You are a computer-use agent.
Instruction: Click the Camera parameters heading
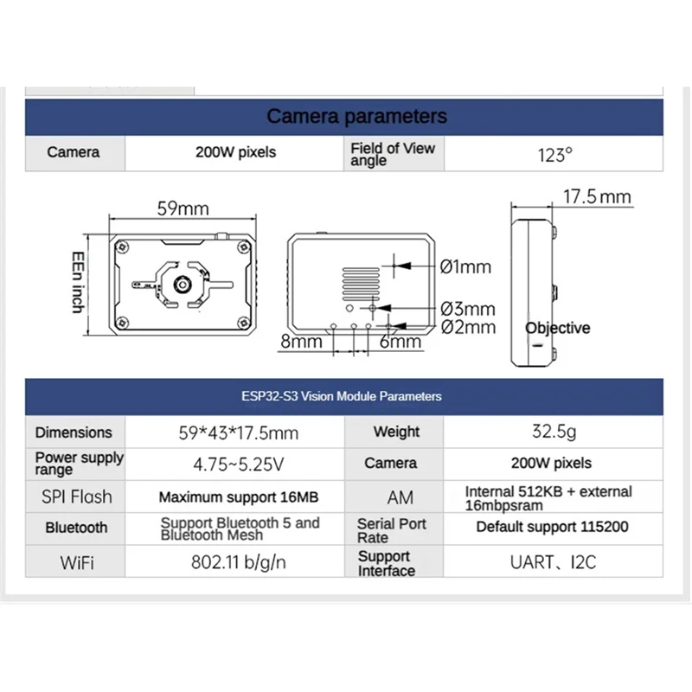356,116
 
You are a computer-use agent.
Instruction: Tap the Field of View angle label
393,154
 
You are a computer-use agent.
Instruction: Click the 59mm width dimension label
183,209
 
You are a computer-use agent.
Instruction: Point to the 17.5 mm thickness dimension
598,196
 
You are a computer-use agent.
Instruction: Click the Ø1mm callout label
465,266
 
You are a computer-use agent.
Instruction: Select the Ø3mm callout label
467,309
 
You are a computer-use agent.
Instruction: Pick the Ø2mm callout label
467,327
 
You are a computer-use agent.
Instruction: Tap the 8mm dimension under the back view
300,342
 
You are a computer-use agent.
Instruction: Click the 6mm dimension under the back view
400,342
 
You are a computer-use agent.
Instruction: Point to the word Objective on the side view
557,328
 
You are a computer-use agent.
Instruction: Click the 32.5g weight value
554,432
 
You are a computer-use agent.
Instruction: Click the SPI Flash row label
76,497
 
